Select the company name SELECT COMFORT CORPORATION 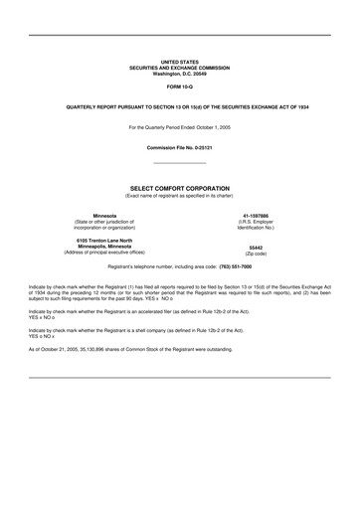pos(179,186)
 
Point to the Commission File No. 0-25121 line pos(180,147)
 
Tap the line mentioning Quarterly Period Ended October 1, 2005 pos(180,128)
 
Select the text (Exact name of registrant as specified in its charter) pos(179,194)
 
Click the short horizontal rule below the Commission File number pos(180,163)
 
